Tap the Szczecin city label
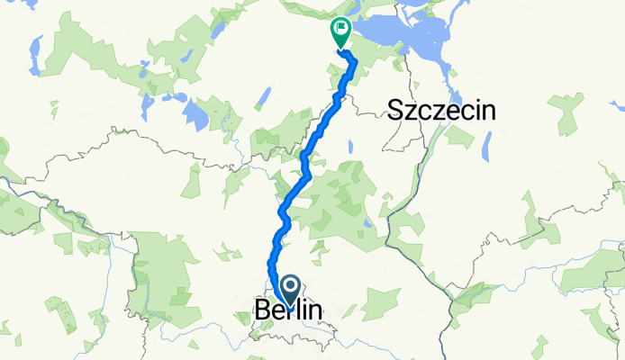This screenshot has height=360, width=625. [442, 111]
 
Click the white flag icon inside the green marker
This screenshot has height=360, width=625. [341, 31]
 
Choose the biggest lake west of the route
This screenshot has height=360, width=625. [195, 112]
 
